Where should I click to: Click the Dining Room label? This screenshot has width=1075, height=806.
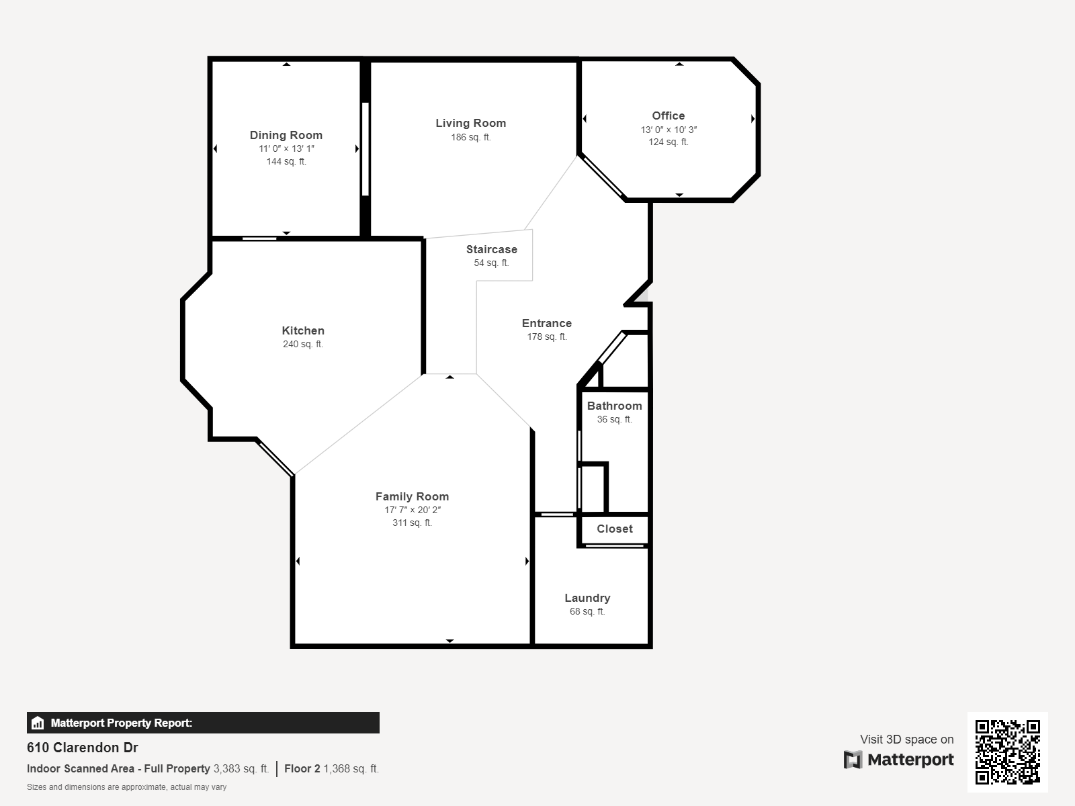tap(286, 135)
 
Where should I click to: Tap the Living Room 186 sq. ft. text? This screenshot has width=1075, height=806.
tap(471, 138)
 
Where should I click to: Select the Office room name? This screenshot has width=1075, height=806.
tap(668, 116)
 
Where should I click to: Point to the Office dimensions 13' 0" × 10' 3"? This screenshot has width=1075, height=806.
tap(669, 130)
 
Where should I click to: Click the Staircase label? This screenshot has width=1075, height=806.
tap(491, 249)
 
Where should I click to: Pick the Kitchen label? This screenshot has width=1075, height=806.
tap(302, 330)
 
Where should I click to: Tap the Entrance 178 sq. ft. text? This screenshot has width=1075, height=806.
tap(546, 337)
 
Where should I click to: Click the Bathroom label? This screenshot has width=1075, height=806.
tap(614, 406)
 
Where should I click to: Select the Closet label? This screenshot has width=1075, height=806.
tap(615, 529)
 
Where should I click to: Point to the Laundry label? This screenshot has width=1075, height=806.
tap(587, 598)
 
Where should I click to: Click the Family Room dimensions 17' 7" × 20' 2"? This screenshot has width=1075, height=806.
tap(413, 510)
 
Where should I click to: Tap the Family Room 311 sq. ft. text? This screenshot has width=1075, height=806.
tap(412, 523)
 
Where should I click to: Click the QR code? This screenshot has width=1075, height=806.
tap(1007, 752)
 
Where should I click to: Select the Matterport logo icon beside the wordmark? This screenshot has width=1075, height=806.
tap(853, 760)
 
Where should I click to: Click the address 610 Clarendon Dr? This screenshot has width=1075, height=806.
tap(82, 748)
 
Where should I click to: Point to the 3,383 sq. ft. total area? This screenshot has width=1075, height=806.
tap(241, 768)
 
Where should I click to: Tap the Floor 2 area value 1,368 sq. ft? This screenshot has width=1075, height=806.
tap(351, 768)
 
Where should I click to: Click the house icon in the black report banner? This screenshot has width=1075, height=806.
tap(38, 723)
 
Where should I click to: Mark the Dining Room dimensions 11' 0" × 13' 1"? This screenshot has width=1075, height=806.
tap(286, 148)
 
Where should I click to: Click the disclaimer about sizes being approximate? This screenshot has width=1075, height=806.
tap(126, 787)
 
